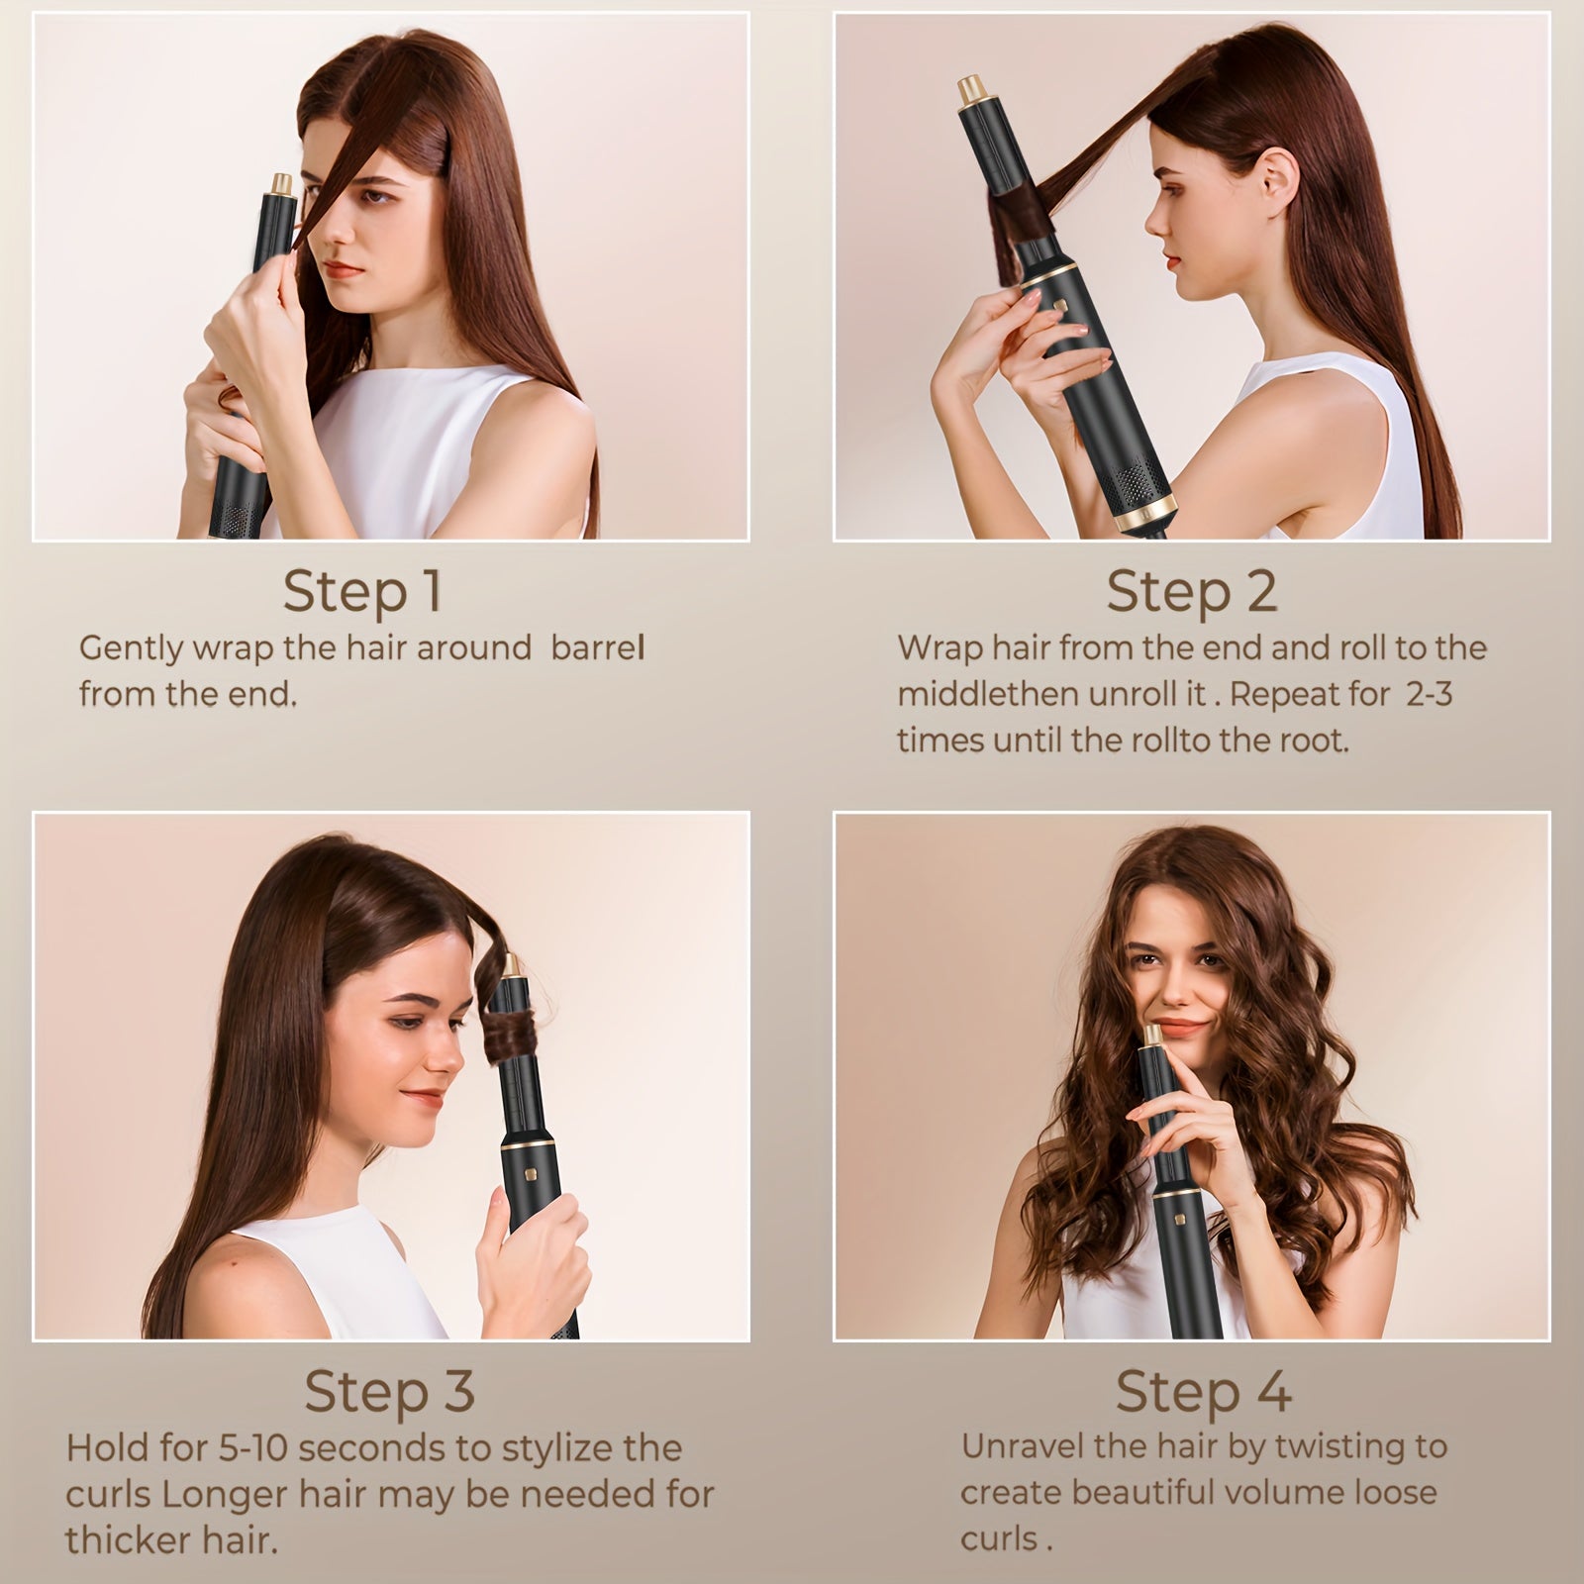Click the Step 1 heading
click(361, 592)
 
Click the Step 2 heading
click(1192, 592)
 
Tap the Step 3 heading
click(389, 1392)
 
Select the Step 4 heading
click(1203, 1392)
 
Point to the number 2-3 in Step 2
click(1429, 694)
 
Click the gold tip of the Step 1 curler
click(282, 184)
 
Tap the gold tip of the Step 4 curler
click(1153, 1036)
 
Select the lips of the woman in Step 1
click(346, 269)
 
